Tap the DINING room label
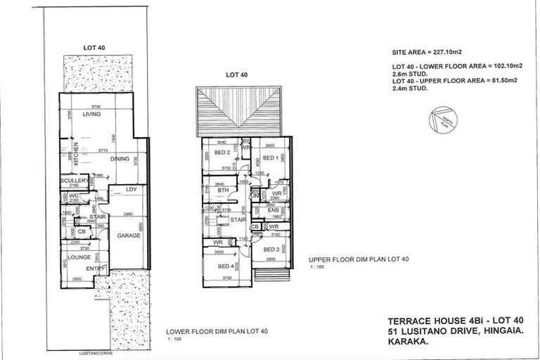pyautogui.click(x=120, y=159)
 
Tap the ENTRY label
pyautogui.click(x=95, y=268)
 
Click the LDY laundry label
pyautogui.click(x=131, y=189)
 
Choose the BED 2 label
pyautogui.click(x=223, y=153)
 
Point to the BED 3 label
pyautogui.click(x=271, y=250)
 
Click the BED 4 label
pyautogui.click(x=226, y=266)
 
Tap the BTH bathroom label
pyautogui.click(x=224, y=191)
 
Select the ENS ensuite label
pyautogui.click(x=274, y=210)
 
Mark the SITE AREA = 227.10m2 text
pyautogui.click(x=428, y=53)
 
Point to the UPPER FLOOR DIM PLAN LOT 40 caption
pyautogui.click(x=359, y=259)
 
